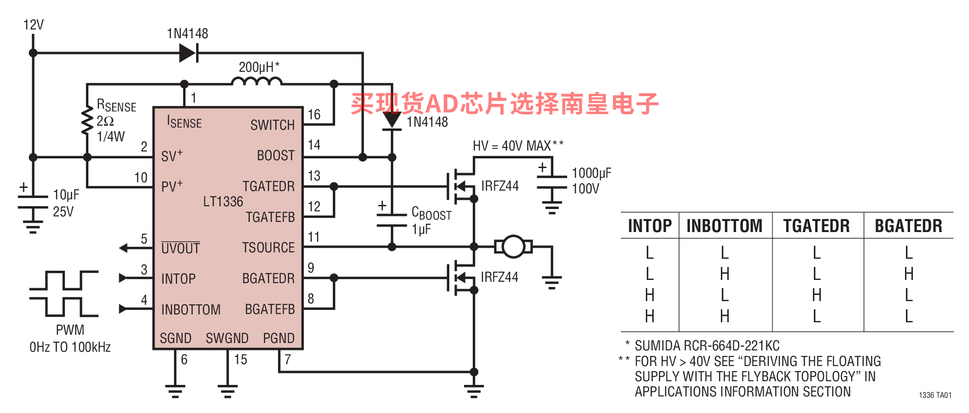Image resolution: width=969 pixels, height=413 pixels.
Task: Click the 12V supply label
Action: [34, 25]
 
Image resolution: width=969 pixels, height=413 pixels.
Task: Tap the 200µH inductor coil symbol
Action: [256, 82]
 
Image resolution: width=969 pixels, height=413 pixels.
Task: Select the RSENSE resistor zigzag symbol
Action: [87, 121]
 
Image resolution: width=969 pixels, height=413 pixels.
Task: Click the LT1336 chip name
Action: [223, 202]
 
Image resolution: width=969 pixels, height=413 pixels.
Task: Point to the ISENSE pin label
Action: [184, 122]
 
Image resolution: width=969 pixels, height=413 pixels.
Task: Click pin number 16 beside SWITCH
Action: [314, 115]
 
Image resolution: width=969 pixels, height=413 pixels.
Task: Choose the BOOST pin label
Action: [275, 156]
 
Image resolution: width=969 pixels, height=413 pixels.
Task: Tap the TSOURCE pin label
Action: [268, 248]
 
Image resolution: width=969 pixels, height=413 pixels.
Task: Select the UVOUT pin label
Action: [180, 249]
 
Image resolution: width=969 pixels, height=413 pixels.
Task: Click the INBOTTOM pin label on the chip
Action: [191, 309]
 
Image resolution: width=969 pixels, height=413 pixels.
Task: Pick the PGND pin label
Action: [279, 338]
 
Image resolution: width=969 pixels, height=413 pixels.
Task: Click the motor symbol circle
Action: [513, 247]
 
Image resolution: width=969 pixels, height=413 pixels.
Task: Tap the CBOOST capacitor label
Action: [431, 213]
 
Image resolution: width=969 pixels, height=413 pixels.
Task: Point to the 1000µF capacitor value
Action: [592, 173]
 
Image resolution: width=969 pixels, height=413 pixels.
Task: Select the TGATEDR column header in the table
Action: [816, 226]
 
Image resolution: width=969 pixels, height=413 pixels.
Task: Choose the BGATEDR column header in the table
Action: [908, 226]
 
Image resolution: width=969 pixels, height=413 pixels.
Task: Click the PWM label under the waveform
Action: [70, 330]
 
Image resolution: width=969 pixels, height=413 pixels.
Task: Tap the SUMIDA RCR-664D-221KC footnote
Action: [707, 346]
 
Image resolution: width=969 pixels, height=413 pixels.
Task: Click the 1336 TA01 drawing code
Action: [935, 395]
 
